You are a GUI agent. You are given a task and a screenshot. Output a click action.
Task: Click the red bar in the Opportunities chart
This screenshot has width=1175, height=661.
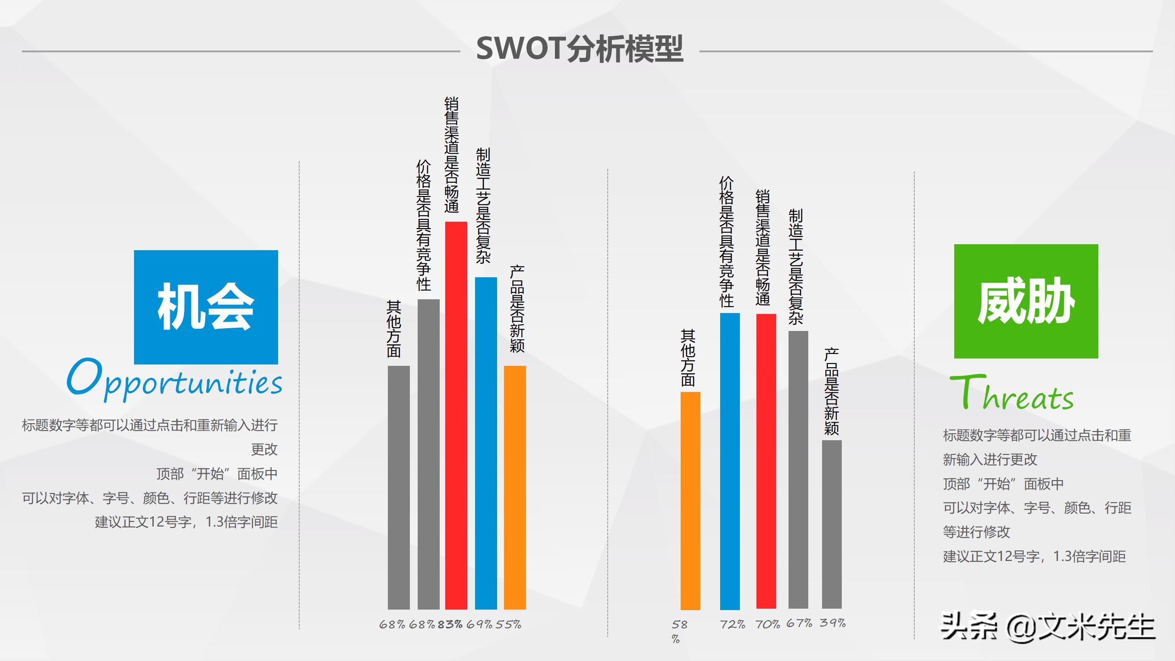point(456,415)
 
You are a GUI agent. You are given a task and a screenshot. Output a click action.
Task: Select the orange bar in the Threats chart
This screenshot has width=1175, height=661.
point(690,501)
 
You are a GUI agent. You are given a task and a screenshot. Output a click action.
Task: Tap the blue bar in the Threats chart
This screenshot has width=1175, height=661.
point(730,461)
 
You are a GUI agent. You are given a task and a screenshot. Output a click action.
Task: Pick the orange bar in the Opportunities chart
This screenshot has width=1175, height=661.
point(515,487)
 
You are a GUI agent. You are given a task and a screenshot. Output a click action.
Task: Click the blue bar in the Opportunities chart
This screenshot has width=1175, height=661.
point(486,443)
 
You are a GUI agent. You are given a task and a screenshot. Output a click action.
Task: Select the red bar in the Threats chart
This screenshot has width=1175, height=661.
point(766,461)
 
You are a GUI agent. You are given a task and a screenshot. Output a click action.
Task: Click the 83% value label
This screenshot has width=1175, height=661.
point(450,624)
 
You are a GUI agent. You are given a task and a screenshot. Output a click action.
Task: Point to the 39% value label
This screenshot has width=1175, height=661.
point(833,623)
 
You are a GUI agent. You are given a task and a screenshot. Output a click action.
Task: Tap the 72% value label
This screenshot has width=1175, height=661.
point(733,624)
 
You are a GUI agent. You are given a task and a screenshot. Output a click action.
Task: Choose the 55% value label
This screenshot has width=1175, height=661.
point(508,624)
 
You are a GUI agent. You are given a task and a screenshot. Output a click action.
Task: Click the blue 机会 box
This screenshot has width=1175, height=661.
point(206,307)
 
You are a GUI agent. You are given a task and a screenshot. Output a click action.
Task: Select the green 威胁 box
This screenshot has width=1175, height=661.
point(1026,301)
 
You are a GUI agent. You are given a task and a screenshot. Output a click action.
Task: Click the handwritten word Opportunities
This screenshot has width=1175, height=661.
point(174,380)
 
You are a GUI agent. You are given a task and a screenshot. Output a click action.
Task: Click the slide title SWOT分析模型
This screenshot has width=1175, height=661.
point(580,49)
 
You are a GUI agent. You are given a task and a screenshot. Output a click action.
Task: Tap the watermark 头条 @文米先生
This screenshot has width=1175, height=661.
point(1047,627)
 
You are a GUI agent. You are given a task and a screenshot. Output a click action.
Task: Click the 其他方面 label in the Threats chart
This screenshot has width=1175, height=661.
point(688,358)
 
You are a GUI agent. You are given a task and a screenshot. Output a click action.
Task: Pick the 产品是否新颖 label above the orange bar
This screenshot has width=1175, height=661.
point(517,309)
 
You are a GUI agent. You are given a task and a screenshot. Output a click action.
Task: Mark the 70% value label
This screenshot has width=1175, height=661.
point(767,624)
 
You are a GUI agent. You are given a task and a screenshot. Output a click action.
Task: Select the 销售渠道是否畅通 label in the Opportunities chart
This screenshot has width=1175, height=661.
point(452,155)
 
